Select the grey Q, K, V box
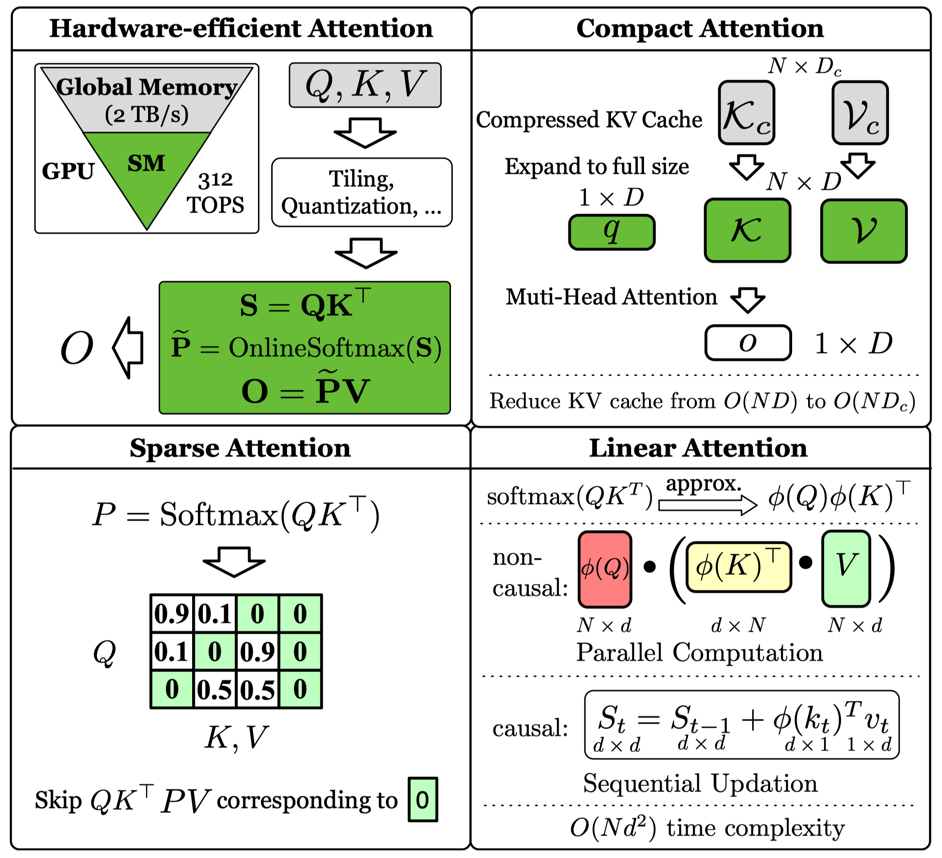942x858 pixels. point(365,85)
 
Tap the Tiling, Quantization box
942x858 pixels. point(362,192)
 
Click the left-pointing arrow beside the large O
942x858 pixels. point(128,348)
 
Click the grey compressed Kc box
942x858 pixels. point(746,113)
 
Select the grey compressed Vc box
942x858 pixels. point(860,113)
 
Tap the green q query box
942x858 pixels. point(612,232)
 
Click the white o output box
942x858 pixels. point(748,343)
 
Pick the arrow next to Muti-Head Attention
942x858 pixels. point(748,299)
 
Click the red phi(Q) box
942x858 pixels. point(604,569)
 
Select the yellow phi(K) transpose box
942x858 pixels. point(738,567)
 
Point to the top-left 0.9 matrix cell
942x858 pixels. point(172,613)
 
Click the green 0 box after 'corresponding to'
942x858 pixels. point(423,800)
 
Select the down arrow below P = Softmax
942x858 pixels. point(233,562)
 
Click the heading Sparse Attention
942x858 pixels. point(240,448)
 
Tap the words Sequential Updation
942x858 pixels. point(700,784)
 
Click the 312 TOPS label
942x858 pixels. point(215,193)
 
